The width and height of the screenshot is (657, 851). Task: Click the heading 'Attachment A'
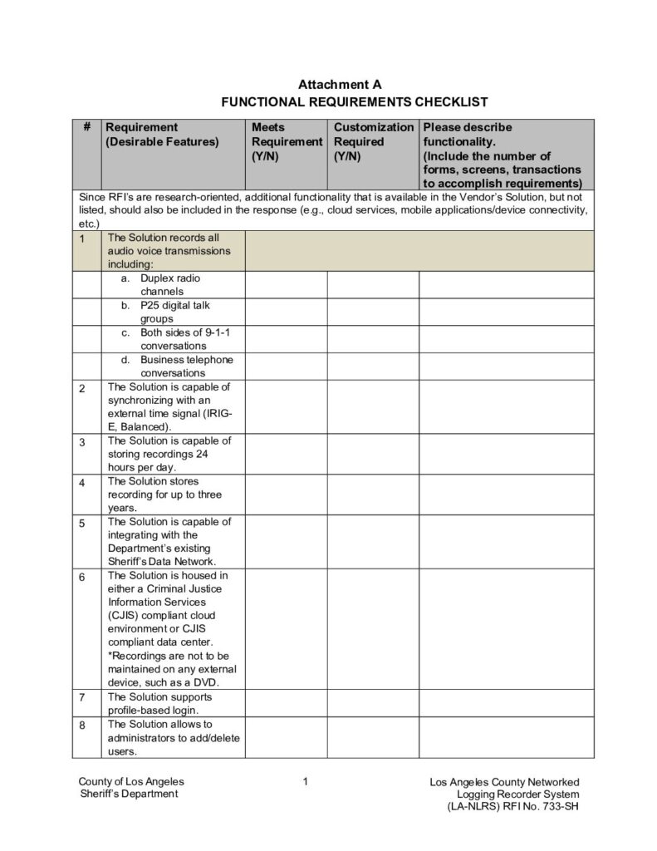339,85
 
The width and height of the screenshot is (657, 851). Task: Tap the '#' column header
86,127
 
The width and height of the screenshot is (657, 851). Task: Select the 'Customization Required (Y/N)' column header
373,141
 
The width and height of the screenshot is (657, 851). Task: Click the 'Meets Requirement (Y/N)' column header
287,141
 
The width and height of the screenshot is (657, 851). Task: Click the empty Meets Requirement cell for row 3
286,454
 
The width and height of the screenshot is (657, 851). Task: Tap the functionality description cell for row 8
506,737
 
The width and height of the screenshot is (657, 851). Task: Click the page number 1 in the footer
306,781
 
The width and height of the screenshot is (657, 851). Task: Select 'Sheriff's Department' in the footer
128,794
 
